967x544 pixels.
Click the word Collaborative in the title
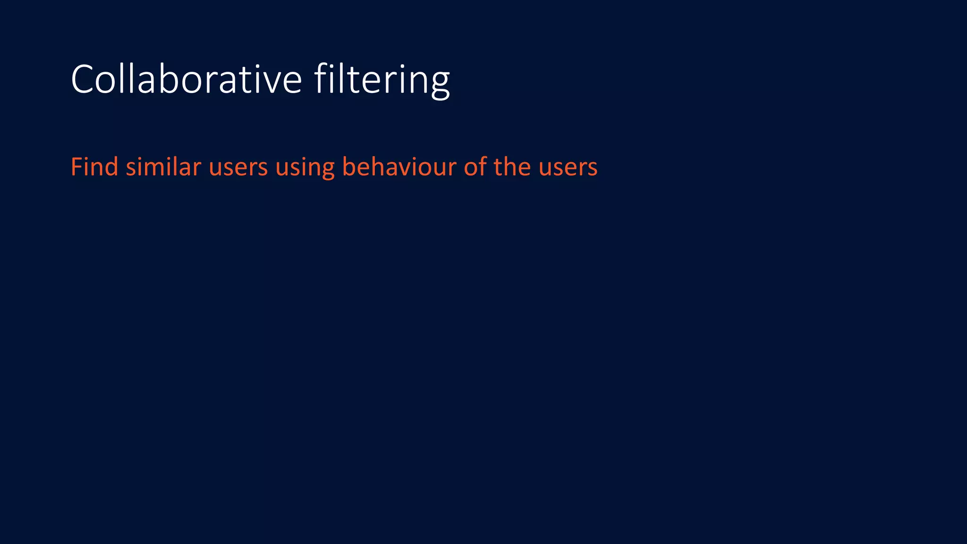pyautogui.click(x=186, y=79)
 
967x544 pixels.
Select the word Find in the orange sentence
pyautogui.click(x=94, y=167)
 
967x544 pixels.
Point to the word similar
pyautogui.click(x=163, y=167)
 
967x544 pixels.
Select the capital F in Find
pyautogui.click(x=76, y=167)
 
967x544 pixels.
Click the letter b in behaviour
pyautogui.click(x=349, y=167)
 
